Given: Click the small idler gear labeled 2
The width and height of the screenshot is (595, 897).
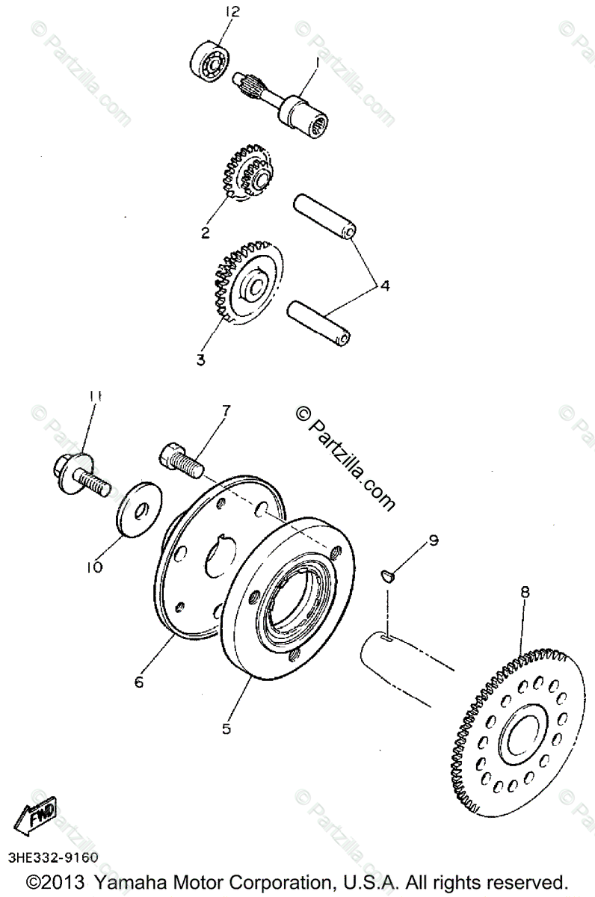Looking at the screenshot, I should click(246, 177).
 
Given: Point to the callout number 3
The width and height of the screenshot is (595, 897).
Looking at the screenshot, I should click(200, 360).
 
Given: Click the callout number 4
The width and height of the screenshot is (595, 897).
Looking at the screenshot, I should click(384, 285).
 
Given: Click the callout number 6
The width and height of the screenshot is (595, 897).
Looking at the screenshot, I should click(139, 681).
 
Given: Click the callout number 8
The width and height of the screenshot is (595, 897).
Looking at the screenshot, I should click(525, 591).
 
